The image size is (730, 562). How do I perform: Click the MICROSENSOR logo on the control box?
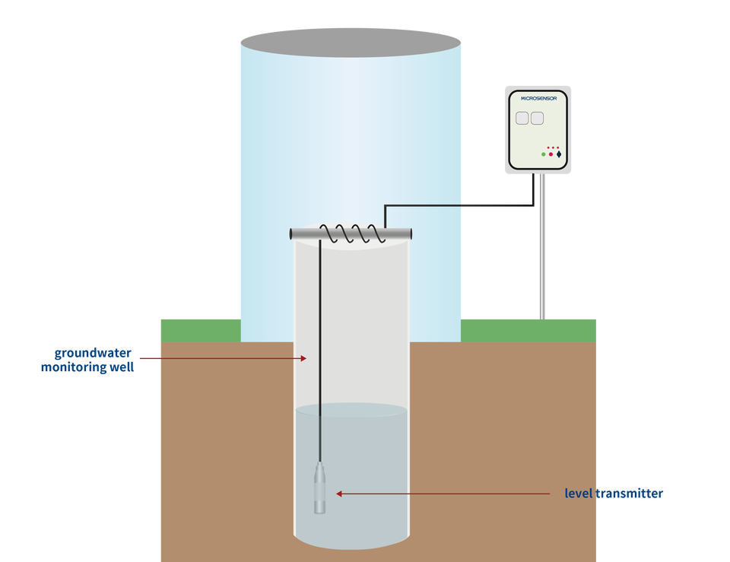tap(538, 98)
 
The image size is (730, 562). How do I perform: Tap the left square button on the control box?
tap(522, 119)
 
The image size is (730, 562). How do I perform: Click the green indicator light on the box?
tap(543, 154)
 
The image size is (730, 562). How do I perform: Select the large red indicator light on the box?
tap(551, 154)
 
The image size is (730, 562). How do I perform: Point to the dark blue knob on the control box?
tap(559, 154)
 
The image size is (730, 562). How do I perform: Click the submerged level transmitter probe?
tap(319, 488)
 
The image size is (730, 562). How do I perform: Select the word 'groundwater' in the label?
tap(93, 353)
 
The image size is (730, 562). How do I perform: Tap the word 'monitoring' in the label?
tap(74, 367)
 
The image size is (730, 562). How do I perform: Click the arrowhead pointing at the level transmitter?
tap(339, 494)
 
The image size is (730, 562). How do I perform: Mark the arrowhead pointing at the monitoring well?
tap(303, 358)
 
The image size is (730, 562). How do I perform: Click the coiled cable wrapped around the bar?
tap(353, 233)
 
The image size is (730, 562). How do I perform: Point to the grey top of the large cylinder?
tap(351, 43)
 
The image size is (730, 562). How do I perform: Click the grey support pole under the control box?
tap(542, 246)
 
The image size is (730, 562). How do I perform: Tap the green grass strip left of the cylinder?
tap(201, 331)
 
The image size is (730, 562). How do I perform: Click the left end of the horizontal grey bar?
tap(291, 233)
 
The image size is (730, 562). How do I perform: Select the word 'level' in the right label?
tap(579, 494)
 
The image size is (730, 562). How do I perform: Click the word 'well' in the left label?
tap(122, 367)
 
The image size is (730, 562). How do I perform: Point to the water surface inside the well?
tap(351, 410)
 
